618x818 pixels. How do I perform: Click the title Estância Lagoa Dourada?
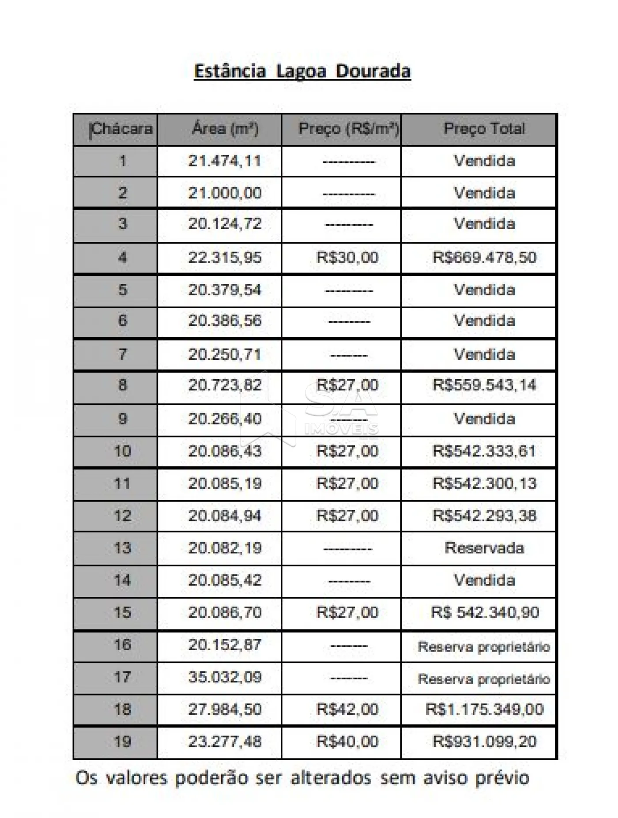tap(302, 72)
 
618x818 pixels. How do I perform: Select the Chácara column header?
tap(121, 129)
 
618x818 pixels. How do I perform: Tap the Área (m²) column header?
tap(225, 129)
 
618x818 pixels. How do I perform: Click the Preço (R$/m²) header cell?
tap(348, 129)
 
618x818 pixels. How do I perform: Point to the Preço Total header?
tap(484, 129)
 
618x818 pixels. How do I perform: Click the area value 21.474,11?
tap(225, 161)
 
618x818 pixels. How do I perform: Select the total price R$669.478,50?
tap(484, 257)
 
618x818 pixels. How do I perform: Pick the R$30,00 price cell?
tap(347, 257)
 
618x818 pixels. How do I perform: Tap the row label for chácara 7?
tap(122, 354)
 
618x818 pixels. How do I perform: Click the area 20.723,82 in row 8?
tap(225, 385)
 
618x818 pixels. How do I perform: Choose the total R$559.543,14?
tap(484, 385)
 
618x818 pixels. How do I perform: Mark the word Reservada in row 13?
tap(484, 548)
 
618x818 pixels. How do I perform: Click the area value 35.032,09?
tap(225, 677)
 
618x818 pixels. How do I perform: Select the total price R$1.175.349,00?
tap(484, 709)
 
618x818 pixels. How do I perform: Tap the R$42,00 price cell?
tap(347, 709)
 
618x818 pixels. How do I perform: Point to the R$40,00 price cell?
tap(347, 742)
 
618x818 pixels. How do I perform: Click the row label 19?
tap(122, 742)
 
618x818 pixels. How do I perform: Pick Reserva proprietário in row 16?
tap(484, 647)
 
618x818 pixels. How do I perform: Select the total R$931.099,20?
tap(484, 742)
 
